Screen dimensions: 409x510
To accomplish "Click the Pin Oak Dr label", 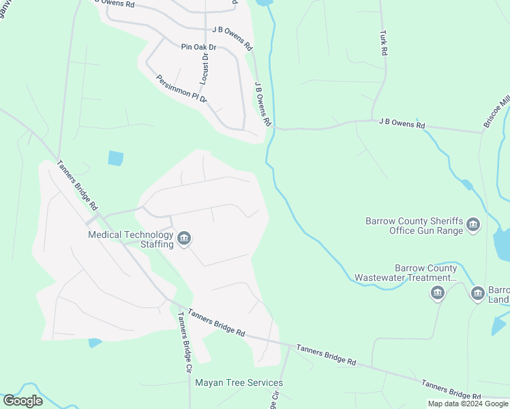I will point(198,47).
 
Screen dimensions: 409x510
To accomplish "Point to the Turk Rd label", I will point(384,42).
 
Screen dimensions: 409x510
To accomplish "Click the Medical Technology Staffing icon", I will point(184,239).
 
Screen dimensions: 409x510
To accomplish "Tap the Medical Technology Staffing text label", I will point(131,239).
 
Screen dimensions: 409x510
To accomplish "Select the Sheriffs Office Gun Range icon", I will point(473,226).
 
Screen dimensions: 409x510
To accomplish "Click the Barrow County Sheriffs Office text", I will point(415,226).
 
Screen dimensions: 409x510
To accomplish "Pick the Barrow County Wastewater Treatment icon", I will point(438,293).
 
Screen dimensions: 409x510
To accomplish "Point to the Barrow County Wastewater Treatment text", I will point(406,273).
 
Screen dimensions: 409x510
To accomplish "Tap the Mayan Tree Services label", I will point(239,382).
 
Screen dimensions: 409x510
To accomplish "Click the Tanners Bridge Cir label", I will point(184,342).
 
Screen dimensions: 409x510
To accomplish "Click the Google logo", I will point(22,401).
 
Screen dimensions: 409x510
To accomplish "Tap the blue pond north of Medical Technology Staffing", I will point(116,158).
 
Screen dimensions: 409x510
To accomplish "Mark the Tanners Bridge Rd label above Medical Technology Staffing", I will point(78,185).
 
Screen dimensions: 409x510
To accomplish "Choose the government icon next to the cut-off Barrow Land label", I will point(478,293).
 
